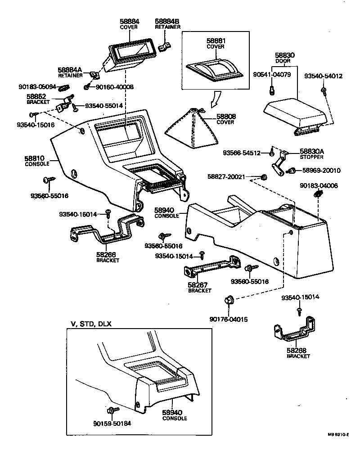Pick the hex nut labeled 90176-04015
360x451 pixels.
coord(229,300)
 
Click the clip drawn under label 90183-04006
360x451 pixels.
coord(319,194)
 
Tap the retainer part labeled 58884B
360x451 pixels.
coord(167,45)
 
